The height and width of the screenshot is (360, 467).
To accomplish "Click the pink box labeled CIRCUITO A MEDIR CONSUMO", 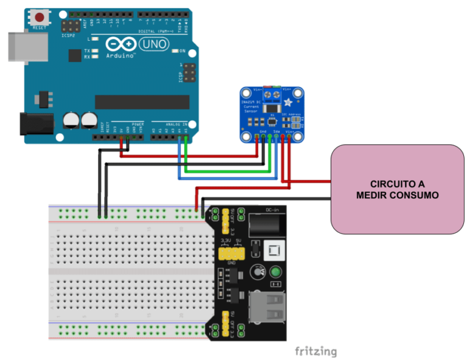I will [x=397, y=189].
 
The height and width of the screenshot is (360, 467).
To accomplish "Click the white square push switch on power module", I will [x=273, y=249].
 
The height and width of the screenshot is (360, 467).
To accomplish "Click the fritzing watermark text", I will [x=315, y=351].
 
